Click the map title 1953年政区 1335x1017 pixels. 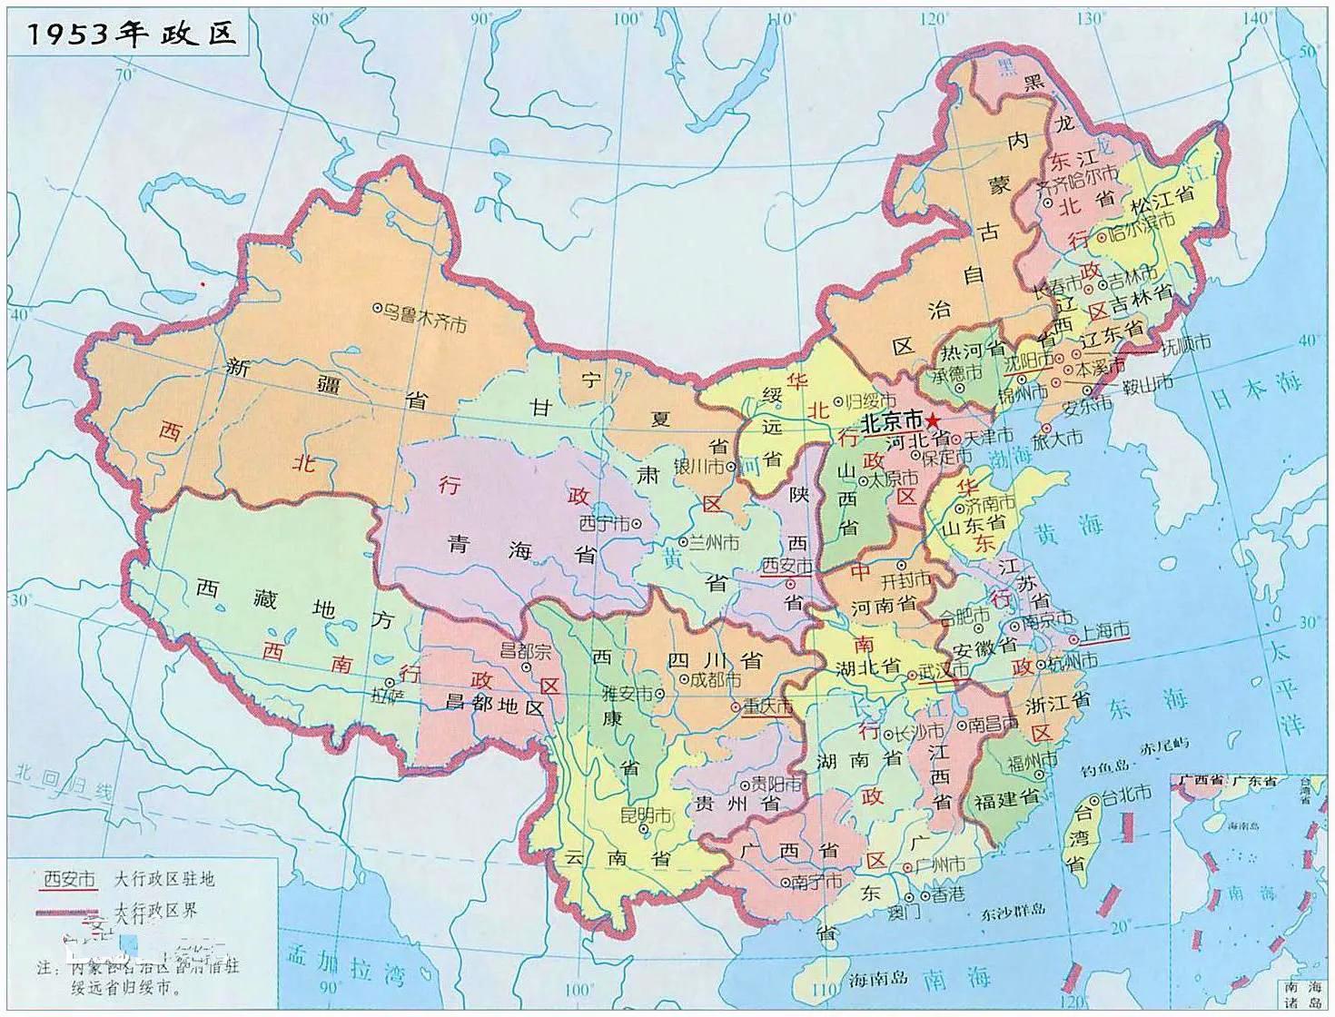tap(132, 35)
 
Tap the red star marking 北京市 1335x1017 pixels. tap(934, 420)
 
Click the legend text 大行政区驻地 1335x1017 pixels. tap(165, 879)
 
